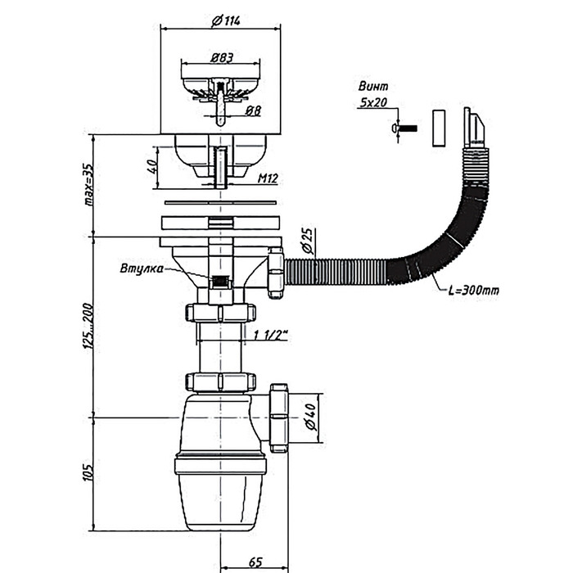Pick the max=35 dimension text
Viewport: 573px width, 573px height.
click(89, 184)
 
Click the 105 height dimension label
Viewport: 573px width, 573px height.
click(88, 472)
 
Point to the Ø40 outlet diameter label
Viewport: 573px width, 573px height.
click(309, 420)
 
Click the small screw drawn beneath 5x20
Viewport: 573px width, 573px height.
click(404, 129)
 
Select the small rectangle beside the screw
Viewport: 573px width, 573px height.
click(437, 127)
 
